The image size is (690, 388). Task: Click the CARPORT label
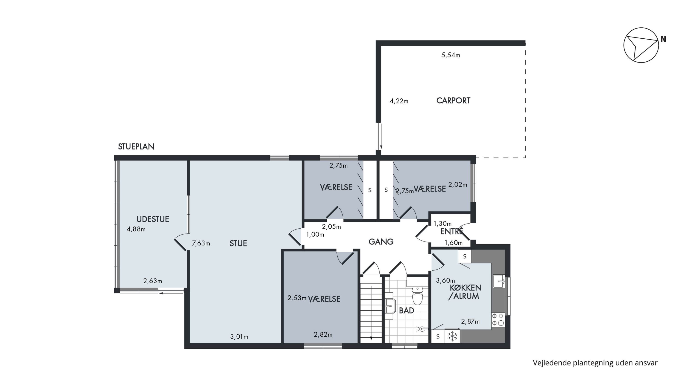453,101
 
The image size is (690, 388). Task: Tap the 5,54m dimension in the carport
451,55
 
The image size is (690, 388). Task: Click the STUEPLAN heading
136,147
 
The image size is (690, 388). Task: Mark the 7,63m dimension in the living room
201,243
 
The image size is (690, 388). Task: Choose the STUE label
238,243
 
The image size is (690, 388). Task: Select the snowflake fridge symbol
452,336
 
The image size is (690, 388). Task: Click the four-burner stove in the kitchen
498,320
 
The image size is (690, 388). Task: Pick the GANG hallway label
381,242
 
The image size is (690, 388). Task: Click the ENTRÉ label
452,231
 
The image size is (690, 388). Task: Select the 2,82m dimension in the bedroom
323,334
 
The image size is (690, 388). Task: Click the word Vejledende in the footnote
552,363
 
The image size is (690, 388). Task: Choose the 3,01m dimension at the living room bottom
239,336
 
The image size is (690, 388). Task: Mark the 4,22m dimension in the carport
399,101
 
